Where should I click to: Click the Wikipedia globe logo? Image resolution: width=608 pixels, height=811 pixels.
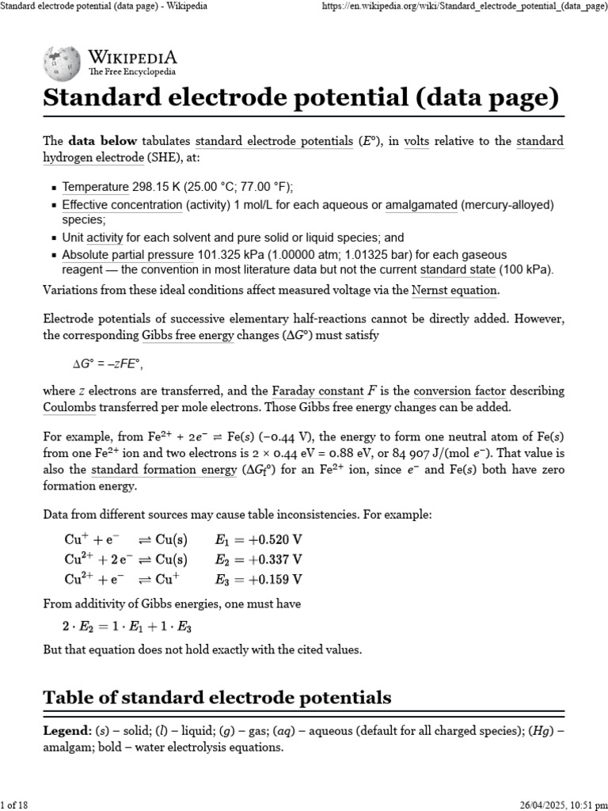pos(61,63)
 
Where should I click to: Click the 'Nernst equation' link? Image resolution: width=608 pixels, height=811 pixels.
pos(454,290)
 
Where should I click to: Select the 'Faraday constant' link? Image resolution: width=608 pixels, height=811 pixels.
pos(316,391)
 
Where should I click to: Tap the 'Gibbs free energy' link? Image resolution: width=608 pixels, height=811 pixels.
pos(187,335)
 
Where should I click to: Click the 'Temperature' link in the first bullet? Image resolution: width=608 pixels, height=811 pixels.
pos(95,187)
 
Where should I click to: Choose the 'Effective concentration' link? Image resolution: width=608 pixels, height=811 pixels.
pos(122,205)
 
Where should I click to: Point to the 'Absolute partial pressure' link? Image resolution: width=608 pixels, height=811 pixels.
pos(127,255)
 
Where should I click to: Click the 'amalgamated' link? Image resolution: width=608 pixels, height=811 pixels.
pos(421,205)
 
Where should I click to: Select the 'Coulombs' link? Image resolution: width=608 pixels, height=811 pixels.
pos(70,407)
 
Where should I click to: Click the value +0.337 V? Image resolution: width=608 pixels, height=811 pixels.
pos(272,559)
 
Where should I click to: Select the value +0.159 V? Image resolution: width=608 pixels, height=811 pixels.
pos(272,578)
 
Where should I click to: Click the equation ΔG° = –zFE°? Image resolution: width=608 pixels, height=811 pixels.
pos(107,364)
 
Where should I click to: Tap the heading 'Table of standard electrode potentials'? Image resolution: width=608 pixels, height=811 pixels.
pos(216,698)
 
